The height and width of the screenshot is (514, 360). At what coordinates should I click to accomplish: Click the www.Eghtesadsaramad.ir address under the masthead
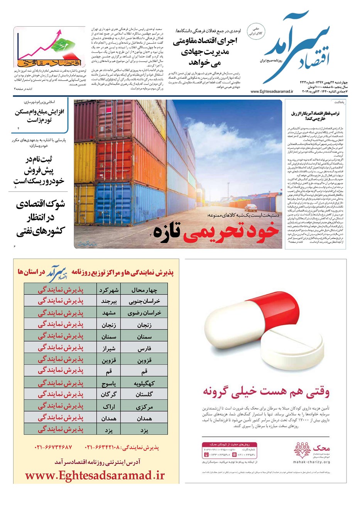pos(272,92)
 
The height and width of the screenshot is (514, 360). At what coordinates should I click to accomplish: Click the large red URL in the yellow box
pos(95,475)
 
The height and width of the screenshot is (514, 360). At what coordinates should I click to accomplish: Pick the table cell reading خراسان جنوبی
pos(144,301)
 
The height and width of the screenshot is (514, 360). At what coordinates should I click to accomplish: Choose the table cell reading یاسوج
pos(108,384)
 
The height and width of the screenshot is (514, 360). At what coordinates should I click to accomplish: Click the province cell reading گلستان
pos(144,394)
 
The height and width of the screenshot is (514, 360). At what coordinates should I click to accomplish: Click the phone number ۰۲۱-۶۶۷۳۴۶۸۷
pos(53,448)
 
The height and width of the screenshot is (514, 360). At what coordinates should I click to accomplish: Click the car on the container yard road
pos(251,208)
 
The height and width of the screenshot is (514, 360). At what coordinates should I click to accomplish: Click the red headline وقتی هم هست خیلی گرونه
pos(266,391)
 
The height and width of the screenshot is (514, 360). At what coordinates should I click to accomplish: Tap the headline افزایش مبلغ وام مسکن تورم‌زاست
pos(39,116)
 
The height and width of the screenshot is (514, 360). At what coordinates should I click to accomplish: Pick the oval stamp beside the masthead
pos(255,31)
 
